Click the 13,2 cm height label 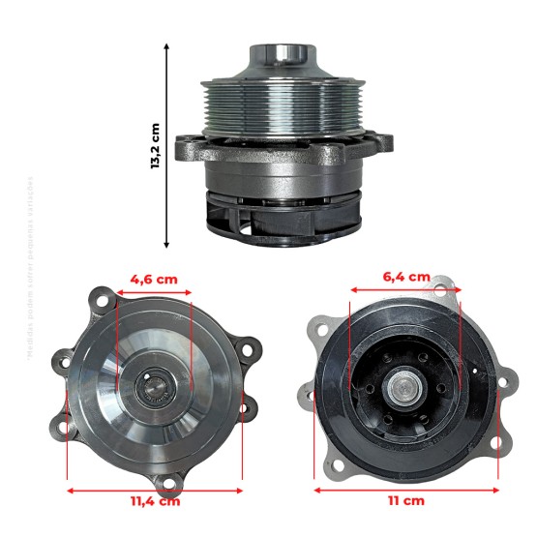point(155,145)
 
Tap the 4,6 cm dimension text point(154,279)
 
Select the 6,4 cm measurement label point(406,277)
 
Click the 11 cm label point(407,500)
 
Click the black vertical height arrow point(168,145)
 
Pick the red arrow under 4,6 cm point(154,290)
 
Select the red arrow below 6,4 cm point(406,288)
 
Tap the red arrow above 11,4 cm point(154,489)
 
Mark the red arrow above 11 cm point(406,489)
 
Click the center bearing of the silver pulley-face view point(155,392)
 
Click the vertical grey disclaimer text point(30,266)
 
